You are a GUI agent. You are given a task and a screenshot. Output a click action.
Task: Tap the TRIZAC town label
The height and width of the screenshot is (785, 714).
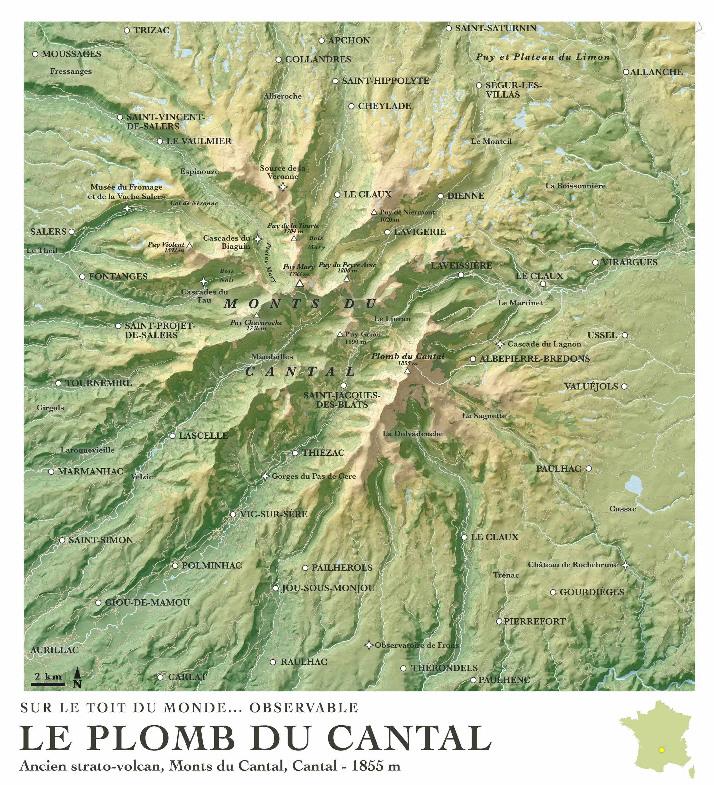[x=152, y=30]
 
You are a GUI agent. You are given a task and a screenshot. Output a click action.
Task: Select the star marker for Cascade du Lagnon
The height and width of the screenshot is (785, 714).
[x=500, y=344]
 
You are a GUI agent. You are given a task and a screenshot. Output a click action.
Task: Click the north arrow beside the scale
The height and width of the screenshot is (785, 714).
[x=77, y=678]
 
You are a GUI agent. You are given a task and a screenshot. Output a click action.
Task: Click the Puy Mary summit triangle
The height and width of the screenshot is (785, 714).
[x=299, y=283]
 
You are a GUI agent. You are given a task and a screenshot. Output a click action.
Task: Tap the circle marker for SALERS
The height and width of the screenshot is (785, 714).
[x=71, y=232]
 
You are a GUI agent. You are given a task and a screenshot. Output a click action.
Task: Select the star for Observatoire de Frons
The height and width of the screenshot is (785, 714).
[x=368, y=645]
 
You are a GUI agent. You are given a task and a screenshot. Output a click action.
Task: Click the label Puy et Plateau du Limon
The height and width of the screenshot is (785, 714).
[x=543, y=57]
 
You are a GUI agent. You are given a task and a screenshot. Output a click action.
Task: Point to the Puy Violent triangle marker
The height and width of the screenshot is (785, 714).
[x=190, y=246]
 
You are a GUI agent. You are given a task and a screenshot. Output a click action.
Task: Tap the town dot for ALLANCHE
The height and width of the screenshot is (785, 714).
[x=625, y=72]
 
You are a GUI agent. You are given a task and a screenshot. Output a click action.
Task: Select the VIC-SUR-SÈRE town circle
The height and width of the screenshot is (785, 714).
[x=232, y=514]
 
